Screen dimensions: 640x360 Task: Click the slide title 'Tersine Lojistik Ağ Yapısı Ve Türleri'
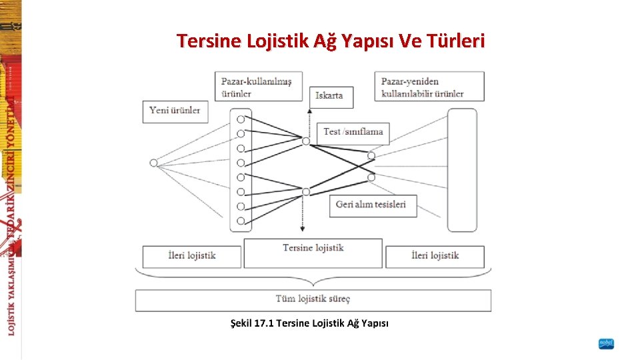tap(331, 41)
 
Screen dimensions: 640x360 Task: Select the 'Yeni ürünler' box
tap(175, 111)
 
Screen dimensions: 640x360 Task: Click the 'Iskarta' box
tap(331, 95)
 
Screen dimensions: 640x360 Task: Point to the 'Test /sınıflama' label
tap(353, 132)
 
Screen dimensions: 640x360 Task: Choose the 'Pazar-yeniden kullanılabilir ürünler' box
tap(429, 87)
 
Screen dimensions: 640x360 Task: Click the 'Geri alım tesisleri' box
tap(372, 205)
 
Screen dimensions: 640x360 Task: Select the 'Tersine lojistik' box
tap(313, 252)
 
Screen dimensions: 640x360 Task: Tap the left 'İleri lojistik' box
tap(191, 256)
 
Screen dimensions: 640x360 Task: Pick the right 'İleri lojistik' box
tap(435, 256)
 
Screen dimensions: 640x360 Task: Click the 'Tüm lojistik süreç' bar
tap(313, 299)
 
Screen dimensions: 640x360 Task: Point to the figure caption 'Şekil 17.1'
tap(309, 323)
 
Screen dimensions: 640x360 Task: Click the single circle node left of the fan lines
tap(153, 162)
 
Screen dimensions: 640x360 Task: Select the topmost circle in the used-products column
tap(241, 119)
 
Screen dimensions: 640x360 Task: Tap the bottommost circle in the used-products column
tap(241, 221)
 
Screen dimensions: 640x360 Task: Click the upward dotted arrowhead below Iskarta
tap(309, 111)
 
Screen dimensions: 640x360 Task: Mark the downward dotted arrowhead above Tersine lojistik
tap(302, 229)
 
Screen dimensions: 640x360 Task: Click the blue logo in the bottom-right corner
tap(606, 344)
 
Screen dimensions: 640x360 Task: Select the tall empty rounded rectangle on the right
tap(462, 170)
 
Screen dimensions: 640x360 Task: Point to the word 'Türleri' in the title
tap(459, 41)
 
